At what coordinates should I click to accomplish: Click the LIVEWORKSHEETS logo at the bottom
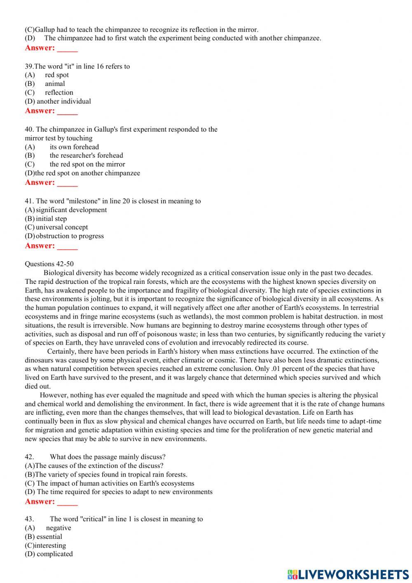point(348,574)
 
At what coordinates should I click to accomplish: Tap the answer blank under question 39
point(67,111)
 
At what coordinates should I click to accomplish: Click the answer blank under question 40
point(67,183)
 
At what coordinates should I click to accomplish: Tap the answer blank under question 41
point(67,246)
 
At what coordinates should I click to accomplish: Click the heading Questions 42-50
point(49,264)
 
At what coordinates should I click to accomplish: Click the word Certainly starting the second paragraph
point(62,352)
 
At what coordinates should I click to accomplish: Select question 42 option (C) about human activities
point(110,484)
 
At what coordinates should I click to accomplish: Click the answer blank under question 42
point(67,502)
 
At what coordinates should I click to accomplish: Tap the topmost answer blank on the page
point(67,48)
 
